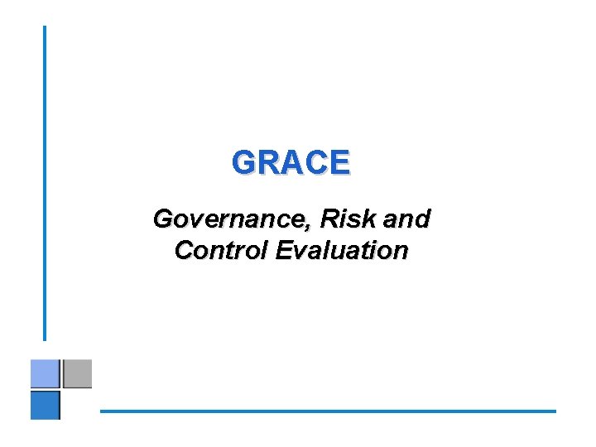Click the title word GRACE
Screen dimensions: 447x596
point(291,162)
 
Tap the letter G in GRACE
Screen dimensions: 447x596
point(245,162)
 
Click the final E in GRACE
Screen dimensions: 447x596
point(339,162)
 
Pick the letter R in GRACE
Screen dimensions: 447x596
point(269,162)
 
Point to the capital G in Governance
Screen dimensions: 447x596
point(163,219)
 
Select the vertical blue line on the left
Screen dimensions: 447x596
point(45,182)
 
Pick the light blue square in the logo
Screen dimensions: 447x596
point(45,374)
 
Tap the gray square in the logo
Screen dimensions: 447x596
point(77,373)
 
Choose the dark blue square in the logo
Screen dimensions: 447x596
point(46,405)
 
